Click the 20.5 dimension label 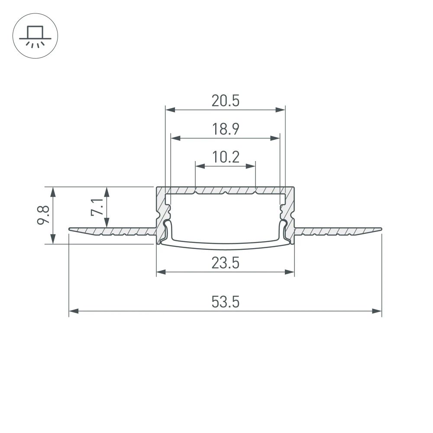[225, 101]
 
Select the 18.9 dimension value [225, 129]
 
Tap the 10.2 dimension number [225, 157]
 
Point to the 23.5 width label [225, 263]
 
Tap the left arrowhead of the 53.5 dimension [73, 310]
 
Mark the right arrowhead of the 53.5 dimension [378, 310]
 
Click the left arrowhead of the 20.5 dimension [169, 110]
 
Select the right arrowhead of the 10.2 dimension [252, 165]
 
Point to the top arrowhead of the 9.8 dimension [53, 190]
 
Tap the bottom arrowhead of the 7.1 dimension [107, 223]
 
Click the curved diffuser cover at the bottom [225, 247]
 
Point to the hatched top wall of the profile [225, 190]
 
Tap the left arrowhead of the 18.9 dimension [175, 138]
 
